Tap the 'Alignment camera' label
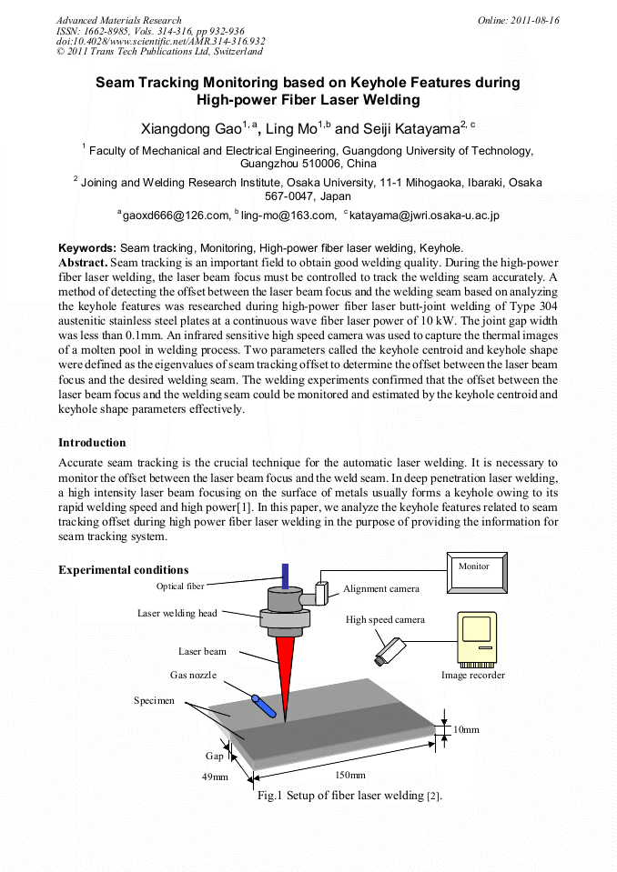click(x=381, y=588)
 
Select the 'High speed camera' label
click(x=385, y=619)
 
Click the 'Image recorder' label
click(x=472, y=675)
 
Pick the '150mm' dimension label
click(x=350, y=775)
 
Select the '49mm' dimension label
click(x=215, y=777)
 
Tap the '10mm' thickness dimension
click(x=466, y=730)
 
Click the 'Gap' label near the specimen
click(x=214, y=756)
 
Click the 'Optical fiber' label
click(x=180, y=586)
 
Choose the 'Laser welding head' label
click(x=177, y=613)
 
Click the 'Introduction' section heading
click(x=92, y=443)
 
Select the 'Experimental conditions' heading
click(x=123, y=570)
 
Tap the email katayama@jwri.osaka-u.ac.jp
click(x=423, y=215)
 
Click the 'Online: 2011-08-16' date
click(x=518, y=20)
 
